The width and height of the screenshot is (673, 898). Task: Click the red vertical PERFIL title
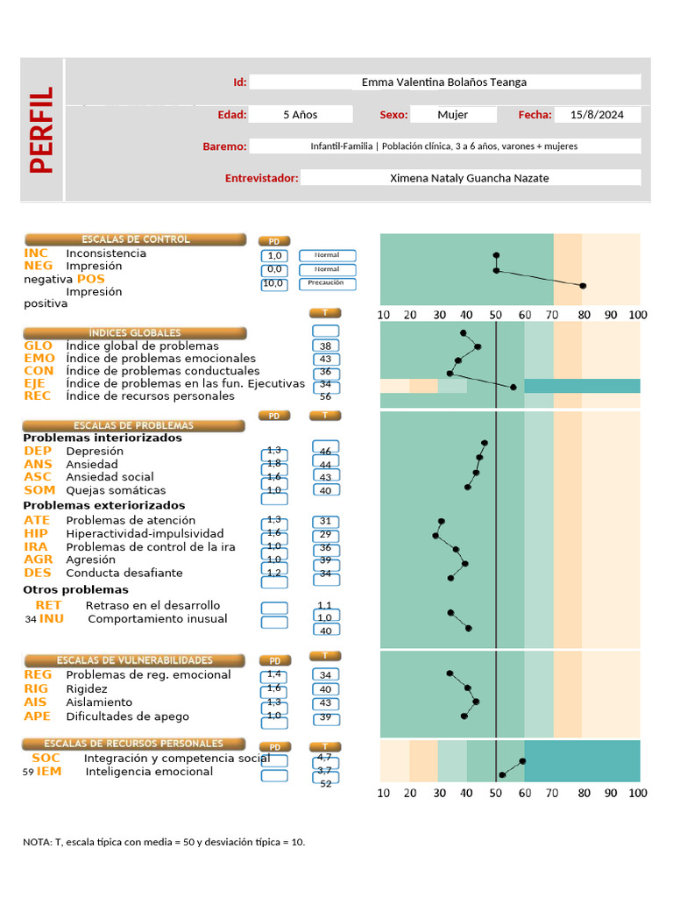click(x=41, y=129)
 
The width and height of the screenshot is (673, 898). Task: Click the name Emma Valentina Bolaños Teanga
click(x=444, y=82)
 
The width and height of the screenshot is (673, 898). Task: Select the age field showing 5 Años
click(x=301, y=115)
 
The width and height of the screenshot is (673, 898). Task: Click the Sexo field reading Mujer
click(x=452, y=115)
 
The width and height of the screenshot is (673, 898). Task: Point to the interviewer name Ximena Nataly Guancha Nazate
click(x=470, y=178)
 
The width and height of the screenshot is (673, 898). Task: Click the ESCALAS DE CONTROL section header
click(x=135, y=239)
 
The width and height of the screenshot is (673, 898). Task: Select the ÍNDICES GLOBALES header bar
click(x=135, y=333)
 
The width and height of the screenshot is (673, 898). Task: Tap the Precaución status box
click(x=327, y=283)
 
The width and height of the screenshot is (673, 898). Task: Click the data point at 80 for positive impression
click(x=583, y=286)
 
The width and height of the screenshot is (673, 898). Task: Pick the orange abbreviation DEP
click(x=38, y=451)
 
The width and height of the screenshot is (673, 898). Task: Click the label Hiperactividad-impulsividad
click(x=145, y=533)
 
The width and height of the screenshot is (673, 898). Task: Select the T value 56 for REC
click(x=325, y=396)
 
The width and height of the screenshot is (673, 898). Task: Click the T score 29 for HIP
click(x=325, y=534)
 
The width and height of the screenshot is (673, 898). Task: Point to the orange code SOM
click(x=39, y=490)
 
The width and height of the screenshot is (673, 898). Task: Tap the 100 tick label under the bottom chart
click(x=637, y=793)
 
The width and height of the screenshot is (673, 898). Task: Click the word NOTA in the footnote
click(x=37, y=842)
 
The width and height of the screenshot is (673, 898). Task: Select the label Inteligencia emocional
click(x=149, y=772)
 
